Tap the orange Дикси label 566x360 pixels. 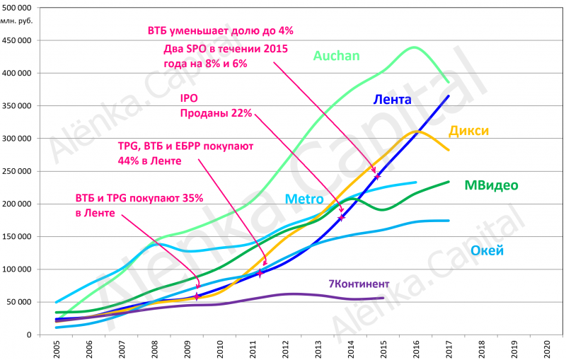coord(468,131)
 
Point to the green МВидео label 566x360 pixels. coord(491,185)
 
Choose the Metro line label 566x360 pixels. coord(305,199)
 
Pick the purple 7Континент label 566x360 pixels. coord(359,284)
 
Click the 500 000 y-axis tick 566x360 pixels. coord(20,8)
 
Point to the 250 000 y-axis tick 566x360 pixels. coord(20,171)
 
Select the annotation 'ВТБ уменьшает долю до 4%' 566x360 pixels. coord(220,31)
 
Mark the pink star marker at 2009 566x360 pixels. coord(197,296)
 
